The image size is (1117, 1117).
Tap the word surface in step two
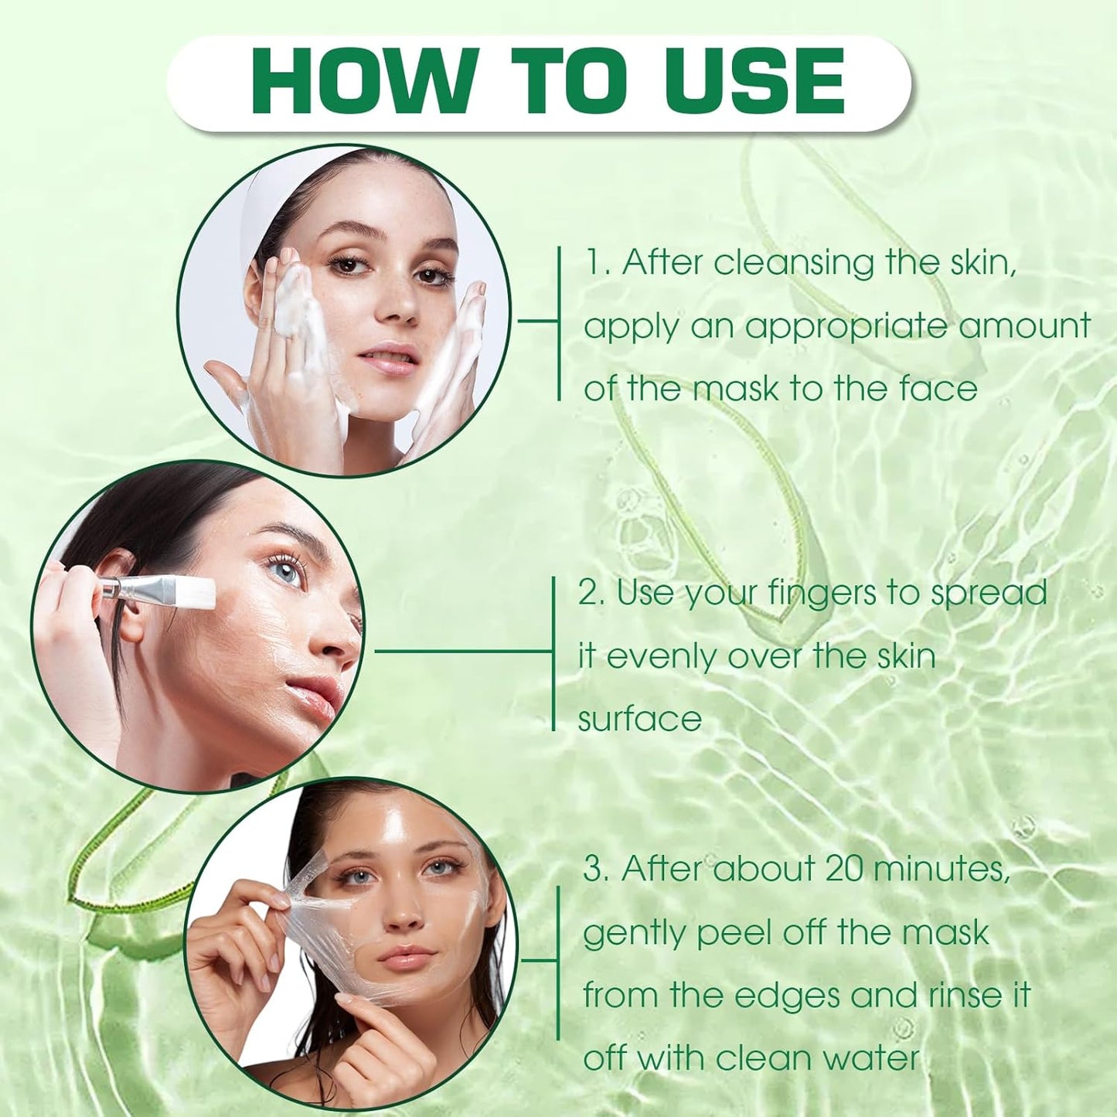(x=639, y=720)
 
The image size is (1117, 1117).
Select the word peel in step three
(x=733, y=934)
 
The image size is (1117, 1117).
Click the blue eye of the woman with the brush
(x=281, y=573)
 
